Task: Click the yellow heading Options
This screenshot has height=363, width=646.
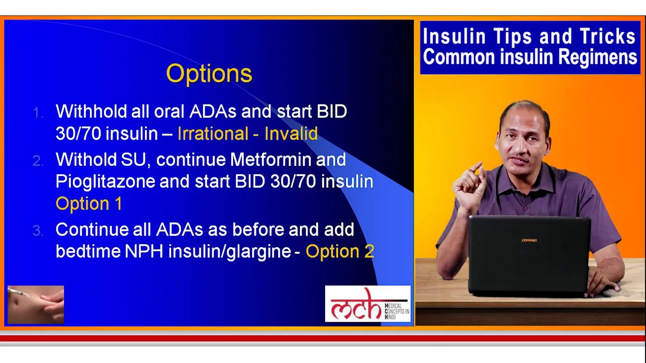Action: tap(209, 74)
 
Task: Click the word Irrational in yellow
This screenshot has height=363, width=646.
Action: tap(213, 134)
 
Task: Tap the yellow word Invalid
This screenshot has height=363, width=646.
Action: tap(291, 134)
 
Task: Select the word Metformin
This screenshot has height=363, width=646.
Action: tap(271, 159)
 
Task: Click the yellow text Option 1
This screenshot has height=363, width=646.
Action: tap(89, 204)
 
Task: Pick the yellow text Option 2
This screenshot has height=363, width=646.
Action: tap(340, 251)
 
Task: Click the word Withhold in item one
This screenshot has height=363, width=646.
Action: tap(91, 111)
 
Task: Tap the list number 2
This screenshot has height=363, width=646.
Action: tap(38, 161)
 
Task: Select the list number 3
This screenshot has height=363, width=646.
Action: tap(38, 231)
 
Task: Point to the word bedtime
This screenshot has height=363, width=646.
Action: tap(88, 251)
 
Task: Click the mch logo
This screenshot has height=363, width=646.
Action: tap(368, 304)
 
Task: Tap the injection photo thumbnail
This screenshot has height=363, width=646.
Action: tap(36, 305)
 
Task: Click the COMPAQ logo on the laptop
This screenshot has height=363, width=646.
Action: tap(529, 240)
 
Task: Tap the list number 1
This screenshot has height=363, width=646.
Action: tap(38, 112)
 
